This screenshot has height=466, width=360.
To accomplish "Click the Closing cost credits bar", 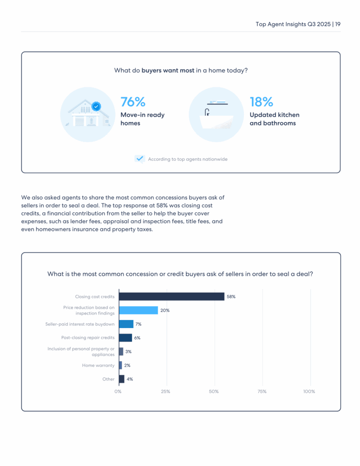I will point(171,296).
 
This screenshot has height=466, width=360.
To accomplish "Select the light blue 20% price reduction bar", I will point(138,310).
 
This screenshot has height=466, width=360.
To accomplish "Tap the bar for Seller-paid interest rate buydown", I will point(126,324).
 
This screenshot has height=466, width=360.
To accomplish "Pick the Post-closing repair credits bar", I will point(125,338).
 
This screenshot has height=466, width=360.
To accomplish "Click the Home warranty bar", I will point(120,366).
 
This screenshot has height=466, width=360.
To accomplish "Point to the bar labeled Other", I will point(122,379).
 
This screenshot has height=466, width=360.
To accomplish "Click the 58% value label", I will point(231,296).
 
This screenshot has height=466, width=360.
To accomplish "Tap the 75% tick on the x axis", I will point(262,392).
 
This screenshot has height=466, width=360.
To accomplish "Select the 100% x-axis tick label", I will point(309,392).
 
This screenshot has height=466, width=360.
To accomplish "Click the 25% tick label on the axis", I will point(165,392).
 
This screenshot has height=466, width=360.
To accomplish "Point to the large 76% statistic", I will point(133,102).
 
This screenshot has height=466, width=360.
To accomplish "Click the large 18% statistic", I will point(262,102).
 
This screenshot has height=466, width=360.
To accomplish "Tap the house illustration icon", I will point(87,114).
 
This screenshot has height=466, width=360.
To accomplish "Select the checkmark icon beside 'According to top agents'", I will point(140,159).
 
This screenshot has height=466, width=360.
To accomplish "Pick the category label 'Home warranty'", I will point(98,366).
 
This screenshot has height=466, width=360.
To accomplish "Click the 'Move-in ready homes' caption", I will point(142,119).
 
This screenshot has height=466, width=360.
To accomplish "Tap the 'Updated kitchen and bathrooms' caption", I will point(274,119).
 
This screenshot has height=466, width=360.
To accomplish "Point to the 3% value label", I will point(129,352).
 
